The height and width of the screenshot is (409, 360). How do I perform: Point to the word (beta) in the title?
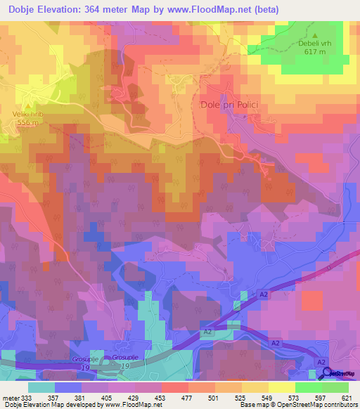[x=265, y=10]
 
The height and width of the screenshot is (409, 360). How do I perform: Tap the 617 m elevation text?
[x=315, y=51]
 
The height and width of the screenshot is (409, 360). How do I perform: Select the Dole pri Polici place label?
[x=226, y=105]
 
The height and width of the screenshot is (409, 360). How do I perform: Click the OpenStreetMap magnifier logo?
[x=327, y=372]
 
